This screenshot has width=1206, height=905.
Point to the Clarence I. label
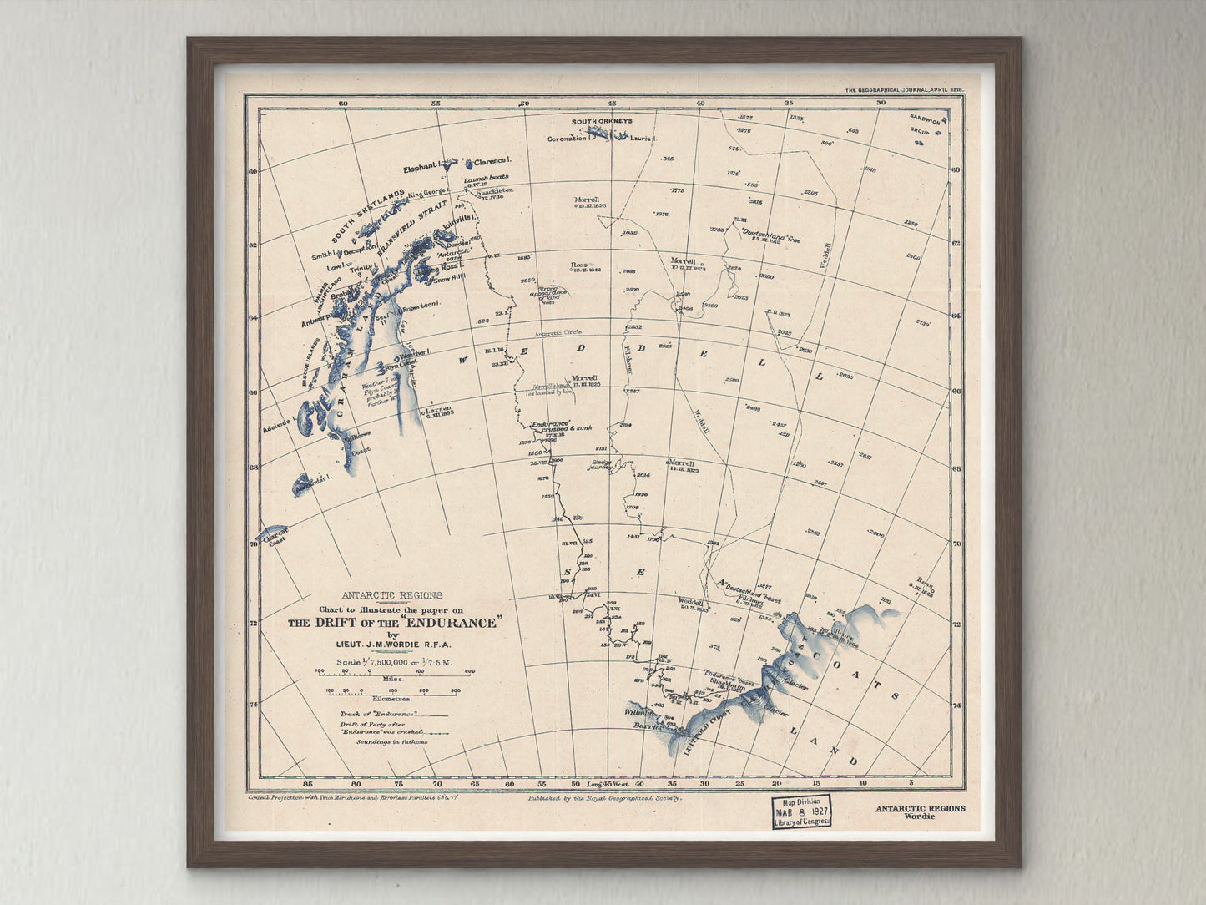coord(492,160)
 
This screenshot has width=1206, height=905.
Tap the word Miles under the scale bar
coord(393,679)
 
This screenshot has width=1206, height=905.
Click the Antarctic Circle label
coord(558,332)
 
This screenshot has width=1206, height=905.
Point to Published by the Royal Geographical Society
coord(605,798)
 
